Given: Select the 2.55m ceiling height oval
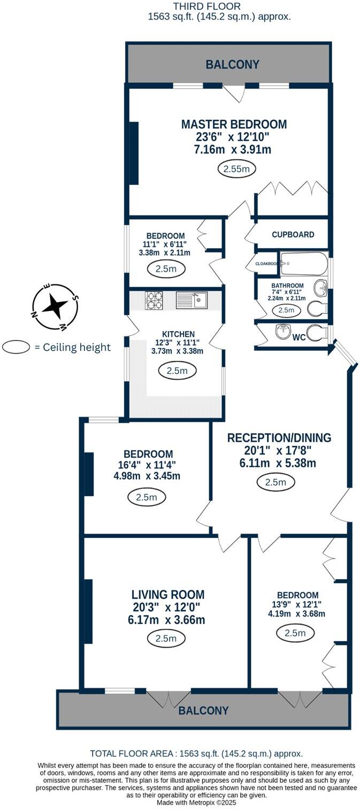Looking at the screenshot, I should (x=236, y=169).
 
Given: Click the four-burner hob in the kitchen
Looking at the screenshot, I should (x=156, y=300).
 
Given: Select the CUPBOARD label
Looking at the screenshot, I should (x=293, y=234).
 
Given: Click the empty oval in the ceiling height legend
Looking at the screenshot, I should (x=17, y=347).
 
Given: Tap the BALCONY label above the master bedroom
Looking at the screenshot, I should (x=233, y=65).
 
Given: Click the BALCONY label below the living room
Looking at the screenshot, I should (x=203, y=711).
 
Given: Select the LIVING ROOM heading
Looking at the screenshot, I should (x=168, y=595).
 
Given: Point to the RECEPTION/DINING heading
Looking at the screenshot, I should (x=279, y=437).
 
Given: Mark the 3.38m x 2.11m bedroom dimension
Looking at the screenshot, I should (x=165, y=252).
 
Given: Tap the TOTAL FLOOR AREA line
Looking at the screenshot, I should (x=196, y=753).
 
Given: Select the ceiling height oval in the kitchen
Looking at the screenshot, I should (x=177, y=371).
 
